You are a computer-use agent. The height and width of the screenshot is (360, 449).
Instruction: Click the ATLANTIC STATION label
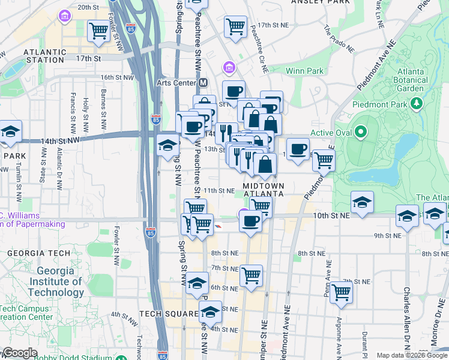point(44,56)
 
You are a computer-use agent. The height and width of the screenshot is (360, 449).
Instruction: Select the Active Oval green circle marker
point(360,131)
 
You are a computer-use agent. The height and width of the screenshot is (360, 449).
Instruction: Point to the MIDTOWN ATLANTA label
point(263,190)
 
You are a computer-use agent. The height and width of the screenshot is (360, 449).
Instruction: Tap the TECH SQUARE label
point(169,314)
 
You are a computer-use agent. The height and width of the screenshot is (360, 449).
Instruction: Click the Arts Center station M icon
point(203,82)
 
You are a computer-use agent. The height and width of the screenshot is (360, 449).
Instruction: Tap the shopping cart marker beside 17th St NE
point(235,26)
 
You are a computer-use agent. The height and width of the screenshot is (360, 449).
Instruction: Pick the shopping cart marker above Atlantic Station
point(98,31)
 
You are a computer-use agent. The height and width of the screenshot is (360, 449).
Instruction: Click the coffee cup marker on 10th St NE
point(250,221)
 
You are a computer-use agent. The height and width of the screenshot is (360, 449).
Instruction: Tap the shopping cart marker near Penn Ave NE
point(341,293)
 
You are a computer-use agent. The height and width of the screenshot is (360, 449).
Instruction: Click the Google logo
point(19,353)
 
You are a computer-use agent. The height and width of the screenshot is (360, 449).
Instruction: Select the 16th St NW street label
point(116,77)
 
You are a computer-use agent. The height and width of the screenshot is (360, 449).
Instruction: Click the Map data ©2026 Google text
point(411,355)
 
